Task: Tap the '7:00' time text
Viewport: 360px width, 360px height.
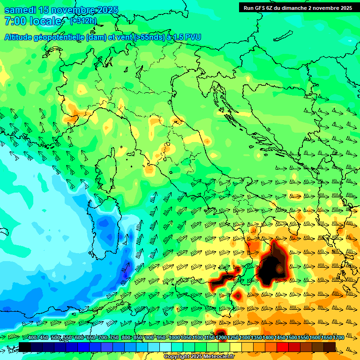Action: tap(15, 21)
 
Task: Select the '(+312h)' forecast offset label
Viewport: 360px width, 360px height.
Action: tap(83, 21)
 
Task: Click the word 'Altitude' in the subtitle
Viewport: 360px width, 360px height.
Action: tap(21, 37)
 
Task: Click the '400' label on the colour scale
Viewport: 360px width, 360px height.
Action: tap(33, 338)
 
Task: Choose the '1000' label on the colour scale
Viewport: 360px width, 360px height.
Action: tap(174, 338)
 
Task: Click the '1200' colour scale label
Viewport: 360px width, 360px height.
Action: tap(221, 338)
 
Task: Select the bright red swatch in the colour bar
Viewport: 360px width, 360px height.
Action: tap(283, 347)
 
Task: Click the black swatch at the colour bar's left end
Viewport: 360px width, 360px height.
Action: tap(25, 347)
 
